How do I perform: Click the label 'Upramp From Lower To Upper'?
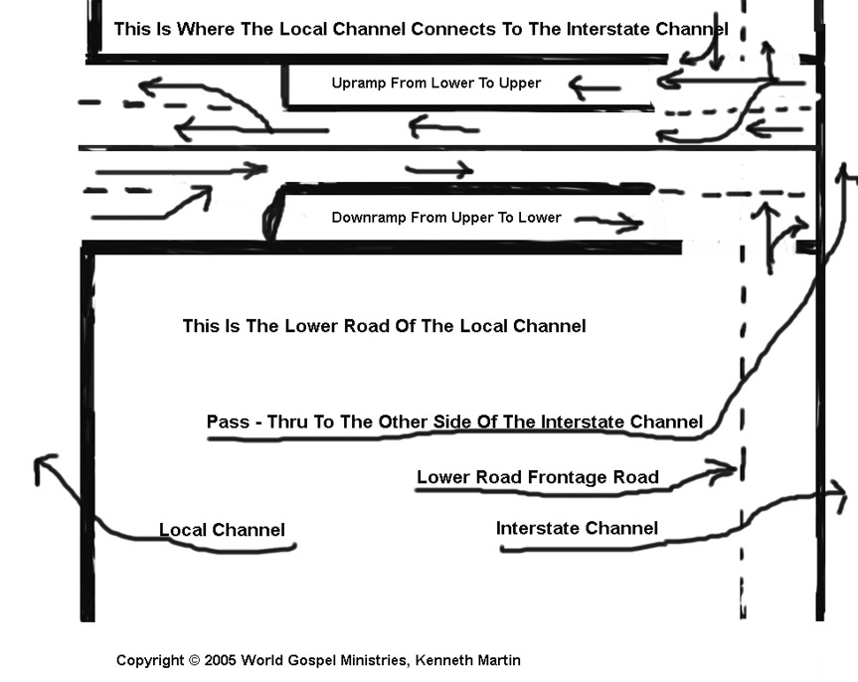(x=436, y=84)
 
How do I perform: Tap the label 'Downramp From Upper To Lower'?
(x=446, y=218)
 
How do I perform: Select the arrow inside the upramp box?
(x=595, y=87)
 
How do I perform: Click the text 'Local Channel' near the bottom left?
(x=222, y=530)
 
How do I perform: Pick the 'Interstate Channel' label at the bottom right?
(x=577, y=528)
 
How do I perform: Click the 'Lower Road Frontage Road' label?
(x=537, y=477)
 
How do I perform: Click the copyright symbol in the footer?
(x=194, y=660)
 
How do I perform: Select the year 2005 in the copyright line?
(x=221, y=660)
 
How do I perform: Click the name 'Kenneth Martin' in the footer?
(x=468, y=660)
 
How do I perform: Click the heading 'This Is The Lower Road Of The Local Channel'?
(x=384, y=326)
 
